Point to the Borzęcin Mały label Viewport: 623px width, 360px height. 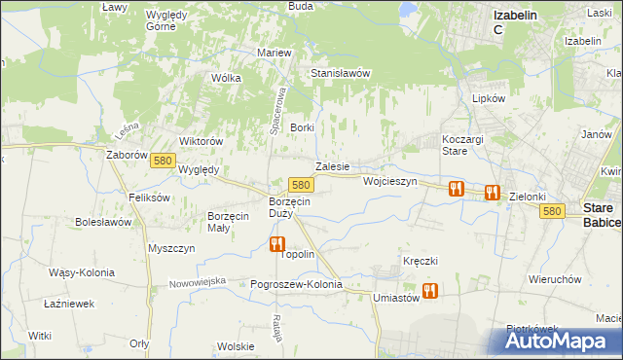[232, 222]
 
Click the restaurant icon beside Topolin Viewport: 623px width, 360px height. [277, 244]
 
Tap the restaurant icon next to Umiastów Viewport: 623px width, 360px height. [429, 290]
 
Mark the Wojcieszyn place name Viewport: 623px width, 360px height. [389, 181]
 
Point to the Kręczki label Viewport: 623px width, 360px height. [421, 261]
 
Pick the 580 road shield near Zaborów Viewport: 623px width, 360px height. [163, 167]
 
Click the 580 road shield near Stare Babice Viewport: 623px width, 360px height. [553, 210]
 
